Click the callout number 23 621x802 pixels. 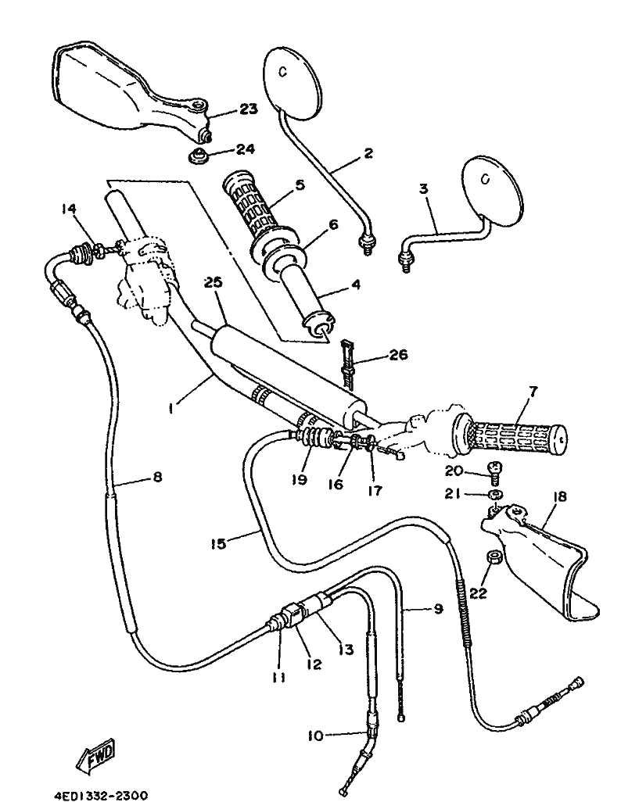click(x=248, y=109)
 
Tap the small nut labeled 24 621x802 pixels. click(x=196, y=156)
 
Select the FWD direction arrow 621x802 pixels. click(x=95, y=754)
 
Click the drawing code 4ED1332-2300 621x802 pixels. click(x=101, y=795)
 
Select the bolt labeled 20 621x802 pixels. click(x=494, y=472)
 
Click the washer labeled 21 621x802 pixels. click(x=494, y=494)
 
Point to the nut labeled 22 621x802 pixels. click(x=493, y=557)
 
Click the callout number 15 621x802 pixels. click(x=218, y=543)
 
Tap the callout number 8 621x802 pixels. click(x=157, y=477)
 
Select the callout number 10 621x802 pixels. click(x=316, y=736)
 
